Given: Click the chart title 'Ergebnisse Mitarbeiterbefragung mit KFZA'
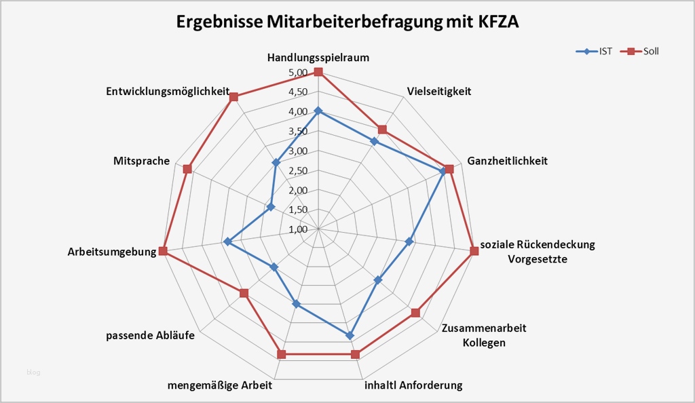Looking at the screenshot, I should point(347,22).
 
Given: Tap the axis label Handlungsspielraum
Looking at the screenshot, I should point(318,58).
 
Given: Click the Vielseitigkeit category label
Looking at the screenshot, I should point(438,92).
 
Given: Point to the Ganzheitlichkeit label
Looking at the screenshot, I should point(507,161).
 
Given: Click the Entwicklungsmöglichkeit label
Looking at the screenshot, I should point(168,92).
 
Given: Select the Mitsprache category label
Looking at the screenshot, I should point(142,161).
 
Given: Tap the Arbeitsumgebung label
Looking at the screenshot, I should point(112,252).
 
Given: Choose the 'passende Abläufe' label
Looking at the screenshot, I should point(151,335).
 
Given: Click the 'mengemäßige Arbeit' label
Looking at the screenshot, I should point(219,386).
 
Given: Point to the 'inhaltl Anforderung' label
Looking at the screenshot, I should point(413,386).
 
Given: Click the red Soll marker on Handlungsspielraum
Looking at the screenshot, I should point(318,72).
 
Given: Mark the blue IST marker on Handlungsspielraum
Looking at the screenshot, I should point(318,111).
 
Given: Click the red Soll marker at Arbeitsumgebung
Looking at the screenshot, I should point(163,251).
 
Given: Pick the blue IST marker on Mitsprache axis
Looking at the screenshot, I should point(271,207).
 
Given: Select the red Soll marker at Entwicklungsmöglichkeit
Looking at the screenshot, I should point(233,97).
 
